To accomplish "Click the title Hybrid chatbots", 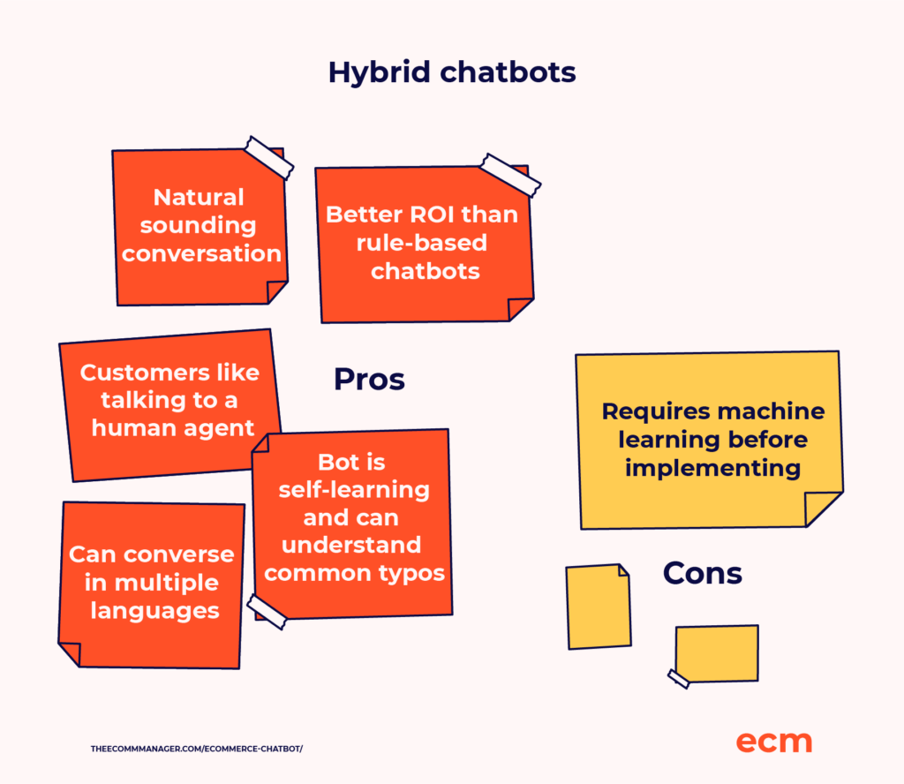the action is pyautogui.click(x=452, y=73).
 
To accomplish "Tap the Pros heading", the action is pyautogui.click(x=369, y=380).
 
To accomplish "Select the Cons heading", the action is pyautogui.click(x=702, y=573).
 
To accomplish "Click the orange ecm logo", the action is pyautogui.click(x=773, y=742).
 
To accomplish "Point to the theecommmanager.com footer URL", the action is pyautogui.click(x=197, y=749).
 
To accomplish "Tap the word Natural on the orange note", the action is pyautogui.click(x=199, y=197).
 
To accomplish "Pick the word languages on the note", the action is pyautogui.click(x=154, y=611).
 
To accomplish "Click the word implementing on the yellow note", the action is pyautogui.click(x=712, y=469).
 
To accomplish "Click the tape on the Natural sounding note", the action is pyautogui.click(x=269, y=157).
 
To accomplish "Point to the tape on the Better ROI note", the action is pyautogui.click(x=511, y=175).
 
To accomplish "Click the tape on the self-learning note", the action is pyautogui.click(x=267, y=612).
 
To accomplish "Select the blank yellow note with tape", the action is pyautogui.click(x=717, y=653).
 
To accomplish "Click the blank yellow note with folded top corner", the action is pyautogui.click(x=599, y=607).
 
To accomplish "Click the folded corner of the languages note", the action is pyautogui.click(x=71, y=652).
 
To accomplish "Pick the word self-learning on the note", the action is pyautogui.click(x=354, y=490).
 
